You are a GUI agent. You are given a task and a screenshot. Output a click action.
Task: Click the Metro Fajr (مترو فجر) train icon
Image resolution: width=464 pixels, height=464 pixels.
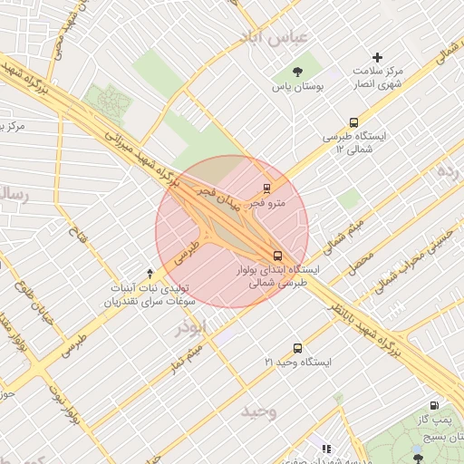click(266, 188)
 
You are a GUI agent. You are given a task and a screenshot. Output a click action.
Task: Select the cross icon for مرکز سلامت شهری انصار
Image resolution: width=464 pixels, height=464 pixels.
click(378, 57)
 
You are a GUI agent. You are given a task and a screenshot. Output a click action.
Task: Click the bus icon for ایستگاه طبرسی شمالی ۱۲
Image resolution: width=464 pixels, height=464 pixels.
click(353, 122)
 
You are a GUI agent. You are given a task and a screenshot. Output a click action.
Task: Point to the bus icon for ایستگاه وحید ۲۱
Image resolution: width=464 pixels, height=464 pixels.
click(297, 348)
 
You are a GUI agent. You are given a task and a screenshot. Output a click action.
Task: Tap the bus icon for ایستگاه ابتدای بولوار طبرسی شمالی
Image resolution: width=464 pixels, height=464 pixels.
click(278, 256)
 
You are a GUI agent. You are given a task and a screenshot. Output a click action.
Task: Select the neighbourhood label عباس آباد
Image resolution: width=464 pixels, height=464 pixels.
click(274, 38)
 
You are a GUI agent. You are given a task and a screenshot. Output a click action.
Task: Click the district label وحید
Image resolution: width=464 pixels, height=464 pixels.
click(258, 411)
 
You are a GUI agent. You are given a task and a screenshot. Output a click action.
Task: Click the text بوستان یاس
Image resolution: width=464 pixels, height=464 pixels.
click(299, 88)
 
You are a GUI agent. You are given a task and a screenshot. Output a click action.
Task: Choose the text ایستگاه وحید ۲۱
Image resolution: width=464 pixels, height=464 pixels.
click(298, 362)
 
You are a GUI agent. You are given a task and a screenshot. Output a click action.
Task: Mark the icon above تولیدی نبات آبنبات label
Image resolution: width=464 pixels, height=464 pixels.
click(150, 273)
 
